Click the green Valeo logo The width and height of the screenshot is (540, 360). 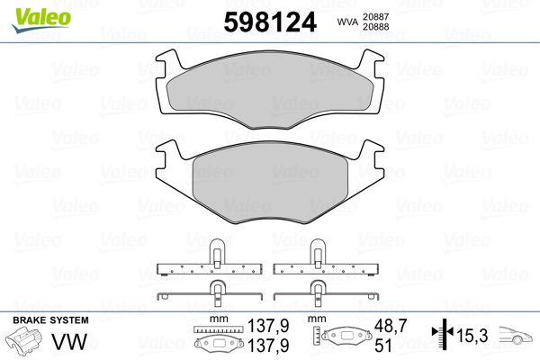click(x=41, y=20)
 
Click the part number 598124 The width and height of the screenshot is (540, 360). click(x=270, y=22)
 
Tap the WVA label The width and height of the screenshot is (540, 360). click(x=347, y=22)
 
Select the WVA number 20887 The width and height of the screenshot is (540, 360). click(x=375, y=16)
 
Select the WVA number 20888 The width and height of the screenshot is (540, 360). click(x=375, y=27)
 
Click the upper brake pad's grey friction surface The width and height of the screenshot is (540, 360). click(x=270, y=91)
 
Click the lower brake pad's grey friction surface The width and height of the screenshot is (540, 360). click(x=270, y=184)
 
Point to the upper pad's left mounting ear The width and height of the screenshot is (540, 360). click(x=168, y=60)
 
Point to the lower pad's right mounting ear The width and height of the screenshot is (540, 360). click(x=371, y=150)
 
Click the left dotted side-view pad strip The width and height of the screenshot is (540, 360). click(x=210, y=269)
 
